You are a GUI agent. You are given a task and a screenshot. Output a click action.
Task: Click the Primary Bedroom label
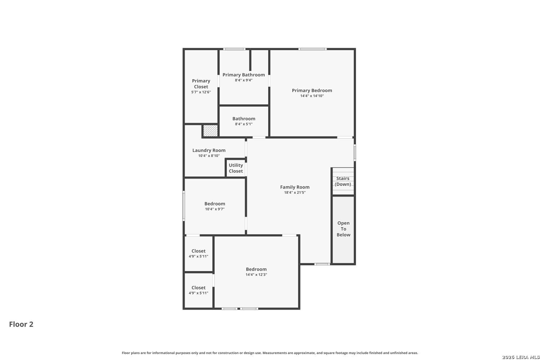tap(312, 90)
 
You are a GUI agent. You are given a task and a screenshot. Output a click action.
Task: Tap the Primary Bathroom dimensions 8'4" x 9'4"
tap(244, 80)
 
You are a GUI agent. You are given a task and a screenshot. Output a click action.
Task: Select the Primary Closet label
tap(201, 84)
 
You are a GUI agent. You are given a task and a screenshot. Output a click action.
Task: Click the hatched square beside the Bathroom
tap(211, 130)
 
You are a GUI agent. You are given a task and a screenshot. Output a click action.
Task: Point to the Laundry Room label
tap(209, 150)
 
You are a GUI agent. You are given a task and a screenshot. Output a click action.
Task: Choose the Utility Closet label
tap(236, 168)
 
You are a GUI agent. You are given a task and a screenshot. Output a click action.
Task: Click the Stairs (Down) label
tap(343, 181)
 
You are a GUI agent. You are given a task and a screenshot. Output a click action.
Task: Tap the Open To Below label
tap(343, 229)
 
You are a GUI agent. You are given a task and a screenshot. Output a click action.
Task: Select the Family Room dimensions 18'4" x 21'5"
tap(295, 192)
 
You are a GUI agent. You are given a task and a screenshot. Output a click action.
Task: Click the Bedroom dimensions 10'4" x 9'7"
tap(215, 209)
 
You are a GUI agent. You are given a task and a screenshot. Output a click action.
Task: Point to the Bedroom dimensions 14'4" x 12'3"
tap(256, 274)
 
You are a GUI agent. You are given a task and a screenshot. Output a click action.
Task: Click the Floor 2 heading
tap(21, 324)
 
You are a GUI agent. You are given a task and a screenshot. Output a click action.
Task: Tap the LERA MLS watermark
tap(521, 357)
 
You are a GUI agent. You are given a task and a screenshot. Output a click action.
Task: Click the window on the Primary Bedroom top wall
tap(313, 49)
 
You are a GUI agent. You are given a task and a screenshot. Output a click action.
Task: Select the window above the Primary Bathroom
tap(234, 49)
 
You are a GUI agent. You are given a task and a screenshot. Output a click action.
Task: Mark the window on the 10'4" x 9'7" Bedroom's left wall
tap(184, 206)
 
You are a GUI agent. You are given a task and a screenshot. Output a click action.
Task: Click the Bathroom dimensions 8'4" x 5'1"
tap(244, 124)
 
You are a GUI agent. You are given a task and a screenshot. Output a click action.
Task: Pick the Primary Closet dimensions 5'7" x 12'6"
tap(201, 92)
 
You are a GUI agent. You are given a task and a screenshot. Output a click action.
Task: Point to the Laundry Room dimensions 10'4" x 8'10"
tap(209, 156)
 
